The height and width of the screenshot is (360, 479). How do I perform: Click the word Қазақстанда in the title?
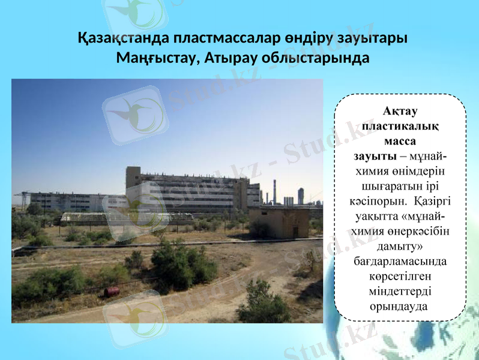click(123, 38)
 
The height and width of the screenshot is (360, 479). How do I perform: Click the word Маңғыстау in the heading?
click(153, 58)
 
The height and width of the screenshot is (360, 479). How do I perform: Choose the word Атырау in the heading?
click(229, 58)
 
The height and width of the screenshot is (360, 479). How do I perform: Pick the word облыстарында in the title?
click(315, 58)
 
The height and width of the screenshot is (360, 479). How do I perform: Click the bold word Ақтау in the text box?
click(400, 111)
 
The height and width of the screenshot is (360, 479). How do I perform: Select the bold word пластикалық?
click(400, 126)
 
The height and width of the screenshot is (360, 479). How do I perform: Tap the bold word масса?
click(400, 141)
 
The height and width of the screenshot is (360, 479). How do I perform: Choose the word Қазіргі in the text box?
click(427, 201)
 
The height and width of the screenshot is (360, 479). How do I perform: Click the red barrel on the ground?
click(112, 292)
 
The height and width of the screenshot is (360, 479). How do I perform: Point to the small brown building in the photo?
click(279, 221)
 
